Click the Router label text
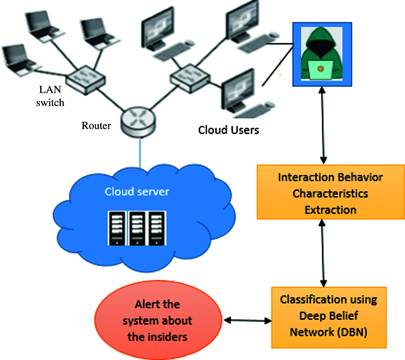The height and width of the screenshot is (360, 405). pos(96,125)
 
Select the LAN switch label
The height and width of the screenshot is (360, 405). pos(50,96)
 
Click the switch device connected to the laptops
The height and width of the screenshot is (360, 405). pos(86,79)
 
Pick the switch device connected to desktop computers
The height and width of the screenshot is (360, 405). pos(190,78)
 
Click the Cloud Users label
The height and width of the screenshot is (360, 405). pos(228,130)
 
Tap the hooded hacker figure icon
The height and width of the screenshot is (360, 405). pos(322,53)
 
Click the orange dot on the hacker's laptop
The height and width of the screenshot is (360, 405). pos(320,69)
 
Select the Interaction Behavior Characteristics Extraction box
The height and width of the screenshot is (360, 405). pos(330,193)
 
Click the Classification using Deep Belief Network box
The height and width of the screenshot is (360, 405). pos(329,317)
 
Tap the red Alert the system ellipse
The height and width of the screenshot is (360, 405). pos(158,320)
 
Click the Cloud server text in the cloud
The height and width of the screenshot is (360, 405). pos(137,192)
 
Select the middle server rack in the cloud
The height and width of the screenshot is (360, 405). pos(137,228)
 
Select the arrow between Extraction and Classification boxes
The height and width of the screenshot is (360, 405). pos(323,253)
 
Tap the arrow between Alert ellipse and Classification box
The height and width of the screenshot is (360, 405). pos(248,320)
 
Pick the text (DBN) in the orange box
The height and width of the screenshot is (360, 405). pos(353,332)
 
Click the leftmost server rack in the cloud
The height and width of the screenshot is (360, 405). pos(117,228)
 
